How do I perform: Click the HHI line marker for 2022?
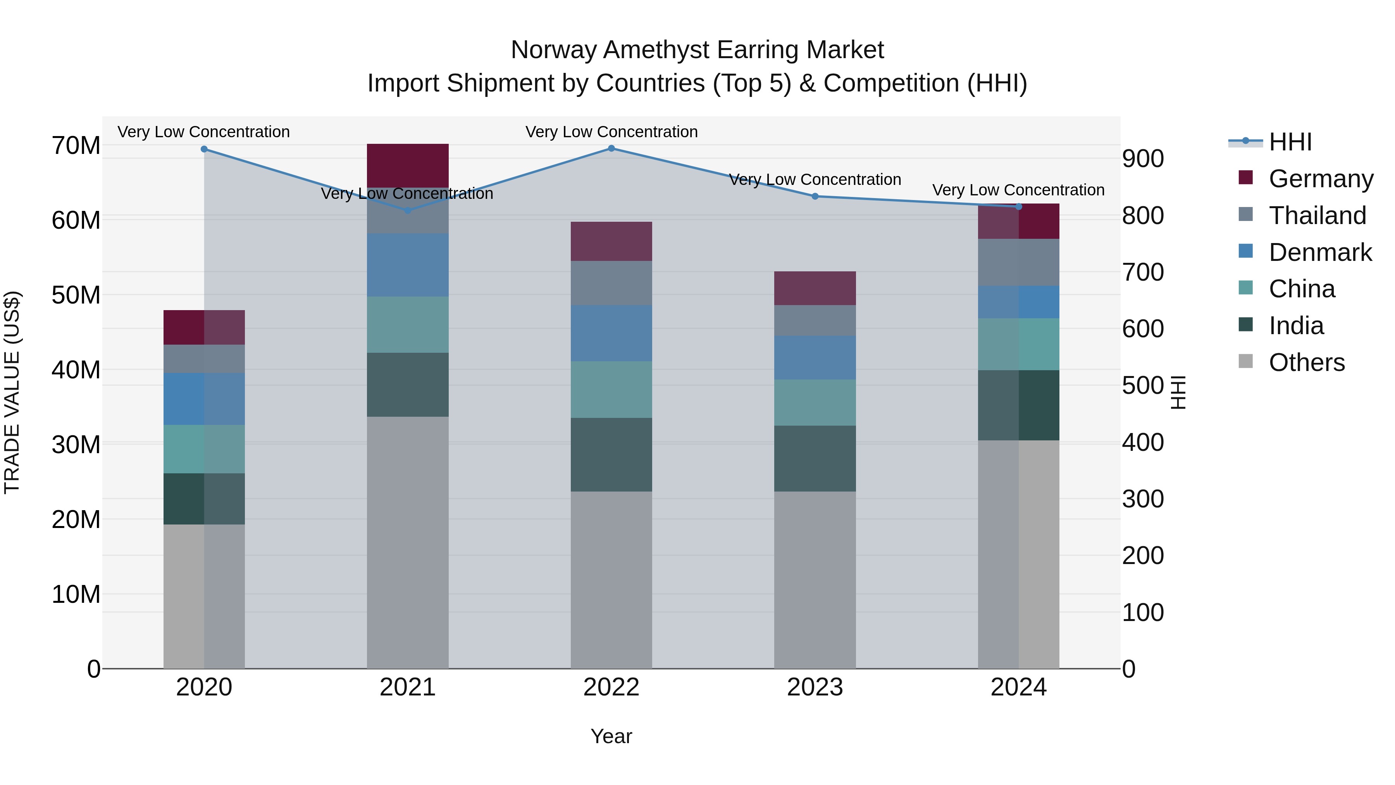tap(611, 148)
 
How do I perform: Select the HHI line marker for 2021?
tap(408, 210)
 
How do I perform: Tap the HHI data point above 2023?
tap(815, 196)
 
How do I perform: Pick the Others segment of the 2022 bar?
tap(611, 580)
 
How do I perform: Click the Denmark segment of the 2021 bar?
tap(408, 265)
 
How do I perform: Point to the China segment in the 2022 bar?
tap(611, 390)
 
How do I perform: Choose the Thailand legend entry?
tap(1317, 216)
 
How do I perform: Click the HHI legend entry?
tap(1290, 142)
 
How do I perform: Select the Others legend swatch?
tap(1245, 361)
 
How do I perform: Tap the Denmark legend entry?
tap(1320, 252)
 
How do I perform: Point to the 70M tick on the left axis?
tap(76, 146)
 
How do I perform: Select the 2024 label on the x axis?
tap(1018, 687)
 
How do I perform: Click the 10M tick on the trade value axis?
tap(76, 594)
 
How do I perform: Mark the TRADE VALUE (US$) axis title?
tap(12, 392)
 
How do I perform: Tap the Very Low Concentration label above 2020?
tap(203, 132)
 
